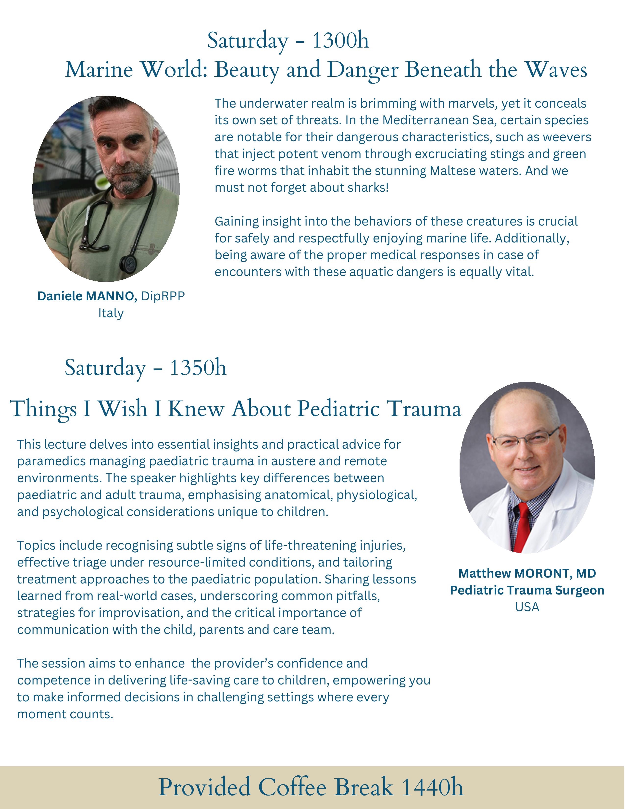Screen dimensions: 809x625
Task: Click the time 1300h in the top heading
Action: [x=340, y=40]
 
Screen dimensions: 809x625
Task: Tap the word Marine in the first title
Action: [x=99, y=70]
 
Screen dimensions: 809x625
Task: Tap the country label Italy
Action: [x=111, y=313]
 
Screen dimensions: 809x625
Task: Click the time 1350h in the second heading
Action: [x=198, y=368]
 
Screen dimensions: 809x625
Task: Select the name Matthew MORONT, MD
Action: [x=527, y=573]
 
